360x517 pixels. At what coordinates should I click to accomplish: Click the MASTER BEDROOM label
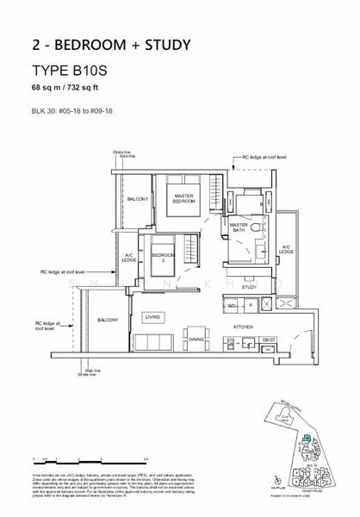pos(183,199)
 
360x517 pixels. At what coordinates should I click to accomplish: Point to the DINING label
pos(172,339)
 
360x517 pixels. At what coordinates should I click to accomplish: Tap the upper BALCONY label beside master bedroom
pos(138,199)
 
